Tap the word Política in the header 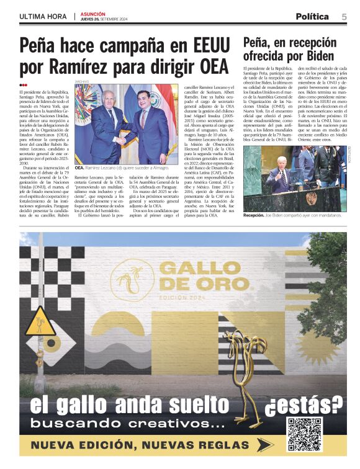tap(317, 17)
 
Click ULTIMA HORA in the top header tap(43, 17)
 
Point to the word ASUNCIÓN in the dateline tap(93, 14)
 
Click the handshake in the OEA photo tap(120, 140)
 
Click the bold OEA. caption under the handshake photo tap(79, 168)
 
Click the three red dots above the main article tap(23, 85)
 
